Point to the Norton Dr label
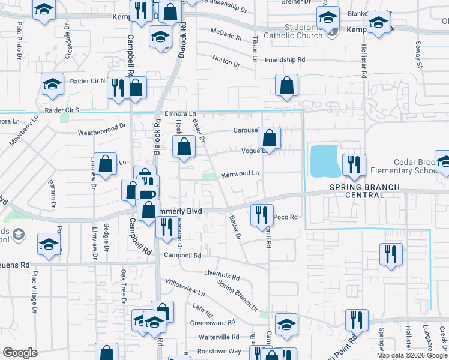click(226, 60)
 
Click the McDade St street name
click(226, 34)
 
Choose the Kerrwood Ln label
click(240, 173)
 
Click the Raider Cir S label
click(62, 110)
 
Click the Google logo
click(20, 353)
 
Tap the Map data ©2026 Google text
click(412, 355)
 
